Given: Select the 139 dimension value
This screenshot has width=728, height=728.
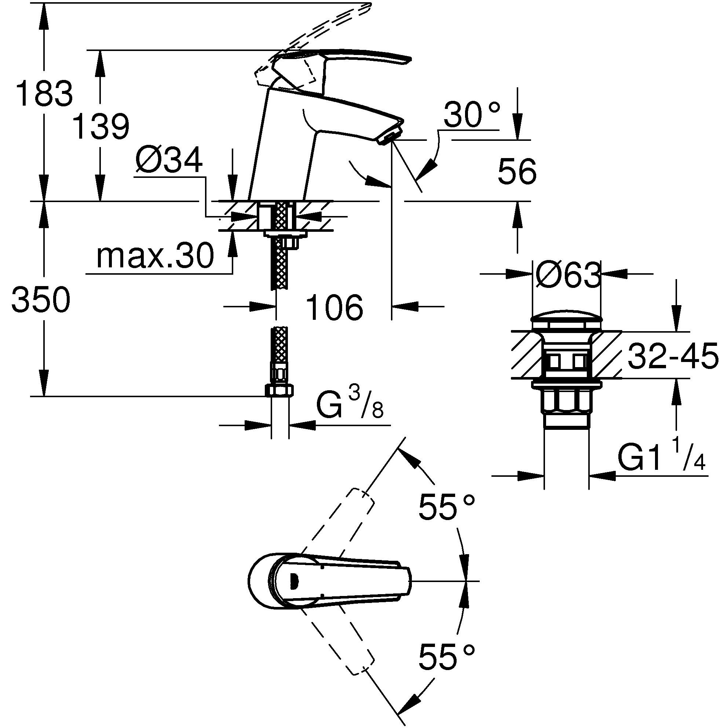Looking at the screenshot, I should [100, 126].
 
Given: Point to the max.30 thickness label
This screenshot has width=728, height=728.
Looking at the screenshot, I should [155, 256].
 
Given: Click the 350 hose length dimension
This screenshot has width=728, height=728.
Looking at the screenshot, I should [41, 300].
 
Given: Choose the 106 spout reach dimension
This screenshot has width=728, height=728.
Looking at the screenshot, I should [334, 307].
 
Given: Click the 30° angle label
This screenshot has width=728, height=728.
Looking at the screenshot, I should [471, 114].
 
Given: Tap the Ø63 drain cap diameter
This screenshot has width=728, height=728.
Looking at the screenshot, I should [567, 275].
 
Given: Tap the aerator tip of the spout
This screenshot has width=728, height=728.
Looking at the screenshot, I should [389, 135].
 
